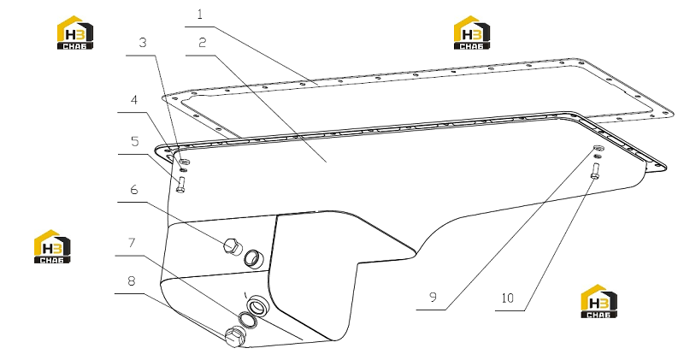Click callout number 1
tap(200, 15)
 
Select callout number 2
tap(202, 43)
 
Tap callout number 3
tap(142, 43)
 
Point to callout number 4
tap(134, 100)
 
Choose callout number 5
tap(135, 141)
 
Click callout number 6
tap(134, 189)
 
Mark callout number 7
tap(132, 243)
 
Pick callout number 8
tap(132, 281)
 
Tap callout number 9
tap(433, 298)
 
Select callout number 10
tap(508, 298)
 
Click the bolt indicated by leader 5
tap(181, 185)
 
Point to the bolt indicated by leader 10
tap(594, 170)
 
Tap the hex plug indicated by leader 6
tap(232, 245)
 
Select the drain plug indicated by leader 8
tap(234, 336)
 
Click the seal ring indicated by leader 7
tap(248, 321)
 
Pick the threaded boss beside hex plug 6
tap(253, 258)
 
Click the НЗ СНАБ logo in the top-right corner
tap(472, 32)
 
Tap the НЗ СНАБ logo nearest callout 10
tap(599, 302)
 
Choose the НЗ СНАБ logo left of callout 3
tap(75, 32)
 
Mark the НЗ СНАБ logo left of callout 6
tap(52, 246)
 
